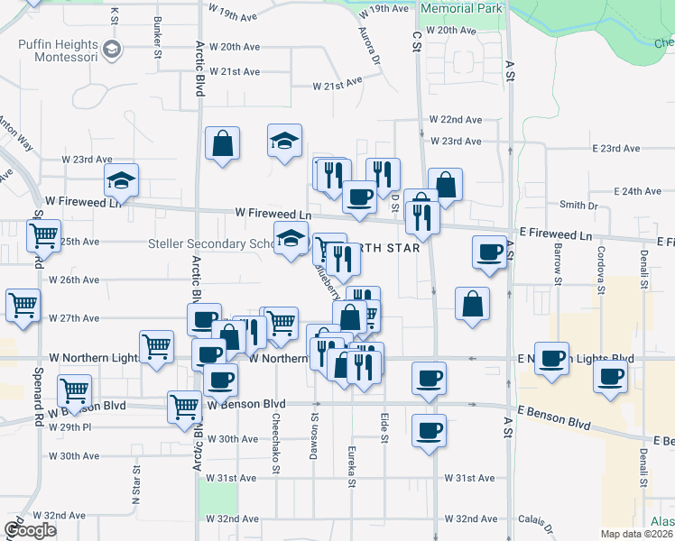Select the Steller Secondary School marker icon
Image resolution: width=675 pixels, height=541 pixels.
point(291,240)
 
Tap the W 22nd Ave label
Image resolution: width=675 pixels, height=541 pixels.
point(456,120)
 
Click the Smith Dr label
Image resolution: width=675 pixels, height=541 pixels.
point(578,206)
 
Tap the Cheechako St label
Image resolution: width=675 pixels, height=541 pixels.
point(275,445)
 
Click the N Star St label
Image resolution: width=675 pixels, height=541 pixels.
point(137,483)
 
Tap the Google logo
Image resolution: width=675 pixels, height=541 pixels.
point(30,530)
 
